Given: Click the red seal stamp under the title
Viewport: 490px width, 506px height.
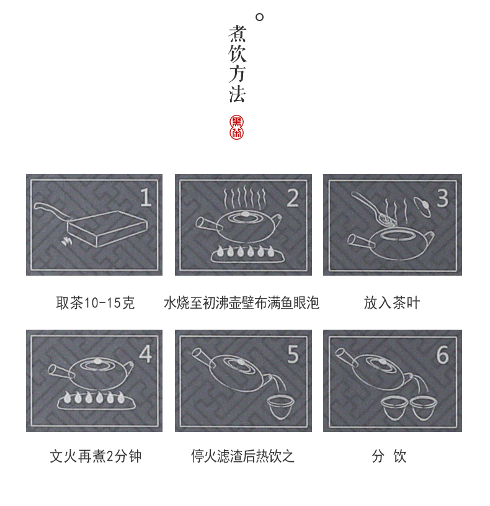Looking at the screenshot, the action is point(236,127).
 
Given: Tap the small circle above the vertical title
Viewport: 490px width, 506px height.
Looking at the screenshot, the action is point(259,17).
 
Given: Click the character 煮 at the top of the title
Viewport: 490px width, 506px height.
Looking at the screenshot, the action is point(238,34).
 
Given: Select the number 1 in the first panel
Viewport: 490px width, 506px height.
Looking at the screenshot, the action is point(146,197).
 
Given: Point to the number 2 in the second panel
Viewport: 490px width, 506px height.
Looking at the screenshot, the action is point(293,198).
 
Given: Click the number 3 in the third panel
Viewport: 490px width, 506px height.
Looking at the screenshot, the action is point(443,198).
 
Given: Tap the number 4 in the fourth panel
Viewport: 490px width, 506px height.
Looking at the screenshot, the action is point(145,354).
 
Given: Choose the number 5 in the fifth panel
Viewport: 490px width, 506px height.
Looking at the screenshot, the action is point(293,355).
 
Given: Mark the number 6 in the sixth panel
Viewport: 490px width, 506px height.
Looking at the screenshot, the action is point(443,355).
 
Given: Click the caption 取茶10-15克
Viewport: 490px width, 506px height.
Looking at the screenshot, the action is point(95,303).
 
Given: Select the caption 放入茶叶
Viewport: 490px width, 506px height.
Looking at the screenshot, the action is point(391,303).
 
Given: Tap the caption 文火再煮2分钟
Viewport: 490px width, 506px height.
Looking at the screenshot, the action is point(96,456).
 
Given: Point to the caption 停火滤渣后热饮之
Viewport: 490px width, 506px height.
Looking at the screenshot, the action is point(243,456).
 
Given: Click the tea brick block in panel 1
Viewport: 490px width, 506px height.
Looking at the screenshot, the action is point(107,228).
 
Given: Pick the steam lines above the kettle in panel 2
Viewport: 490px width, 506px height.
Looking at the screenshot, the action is point(244,197).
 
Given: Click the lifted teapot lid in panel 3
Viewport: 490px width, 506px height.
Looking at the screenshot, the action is point(422,207).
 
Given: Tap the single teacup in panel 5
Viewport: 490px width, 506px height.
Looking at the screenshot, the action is point(281,407).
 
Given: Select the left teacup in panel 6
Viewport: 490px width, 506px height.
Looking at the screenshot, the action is point(394,409).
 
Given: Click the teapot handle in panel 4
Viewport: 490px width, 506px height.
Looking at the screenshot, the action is point(61,372).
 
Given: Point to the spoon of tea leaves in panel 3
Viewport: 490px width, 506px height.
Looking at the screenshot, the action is point(373,210).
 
